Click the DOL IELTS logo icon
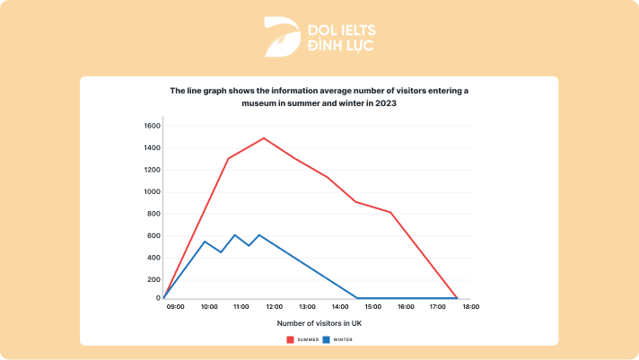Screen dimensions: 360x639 pos(279,36)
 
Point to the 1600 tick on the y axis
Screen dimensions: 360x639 pos(150,126)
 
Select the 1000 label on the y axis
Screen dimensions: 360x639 pos(150,191)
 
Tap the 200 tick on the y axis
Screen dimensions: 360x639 pos(152,279)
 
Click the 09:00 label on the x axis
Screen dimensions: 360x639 pos(175,307)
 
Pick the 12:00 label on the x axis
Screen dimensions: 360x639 pos(274,307)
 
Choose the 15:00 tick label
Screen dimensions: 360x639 pos(372,307)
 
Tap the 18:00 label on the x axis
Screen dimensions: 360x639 pos(470,307)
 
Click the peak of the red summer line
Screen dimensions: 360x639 pos(264,138)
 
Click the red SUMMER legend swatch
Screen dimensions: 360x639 pos(291,339)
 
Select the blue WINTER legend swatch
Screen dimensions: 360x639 pos(327,339)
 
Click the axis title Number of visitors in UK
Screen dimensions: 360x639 pos(319,323)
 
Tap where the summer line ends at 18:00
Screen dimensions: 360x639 pos(457,298)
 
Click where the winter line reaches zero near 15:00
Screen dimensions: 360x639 pos(357,297)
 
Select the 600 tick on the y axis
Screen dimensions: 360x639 pos(152,235)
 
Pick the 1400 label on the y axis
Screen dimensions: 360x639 pos(150,148)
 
